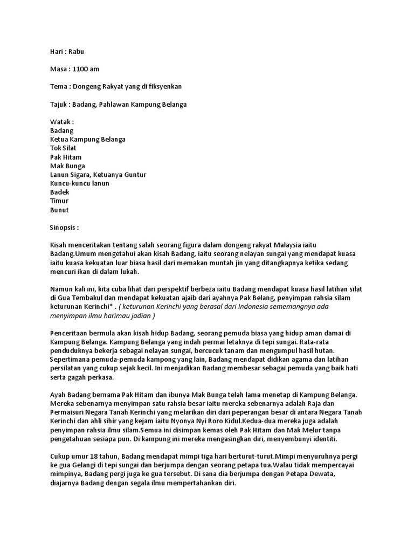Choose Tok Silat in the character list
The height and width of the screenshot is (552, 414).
click(x=63, y=148)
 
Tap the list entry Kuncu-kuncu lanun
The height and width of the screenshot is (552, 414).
click(x=79, y=183)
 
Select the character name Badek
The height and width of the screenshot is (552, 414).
click(x=60, y=192)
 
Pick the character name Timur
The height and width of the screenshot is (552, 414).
click(x=59, y=201)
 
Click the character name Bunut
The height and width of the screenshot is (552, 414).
click(x=59, y=210)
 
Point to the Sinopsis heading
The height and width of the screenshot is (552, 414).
click(x=64, y=227)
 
